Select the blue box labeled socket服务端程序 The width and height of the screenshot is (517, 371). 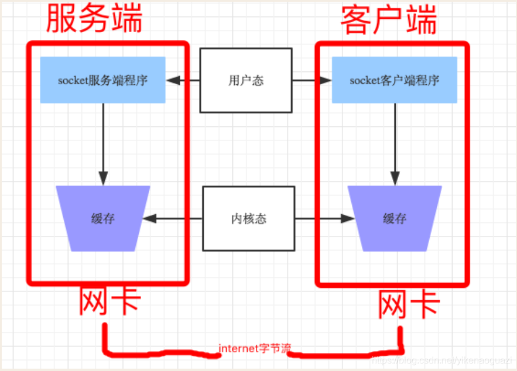tap(102, 80)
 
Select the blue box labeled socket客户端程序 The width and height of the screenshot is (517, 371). tap(394, 80)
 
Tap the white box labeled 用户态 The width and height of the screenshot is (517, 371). tap(246, 81)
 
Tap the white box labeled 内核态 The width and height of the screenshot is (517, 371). tap(248, 219)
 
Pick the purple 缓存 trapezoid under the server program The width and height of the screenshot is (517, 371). tap(102, 219)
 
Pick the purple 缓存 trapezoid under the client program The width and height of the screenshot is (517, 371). tap(394, 219)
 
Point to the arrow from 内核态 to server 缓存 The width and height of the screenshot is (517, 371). tap(173, 219)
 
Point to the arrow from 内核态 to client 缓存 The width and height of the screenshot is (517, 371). tap(324, 219)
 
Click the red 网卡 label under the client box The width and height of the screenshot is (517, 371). tap(409, 305)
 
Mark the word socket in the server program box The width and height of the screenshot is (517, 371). tap(72, 81)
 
